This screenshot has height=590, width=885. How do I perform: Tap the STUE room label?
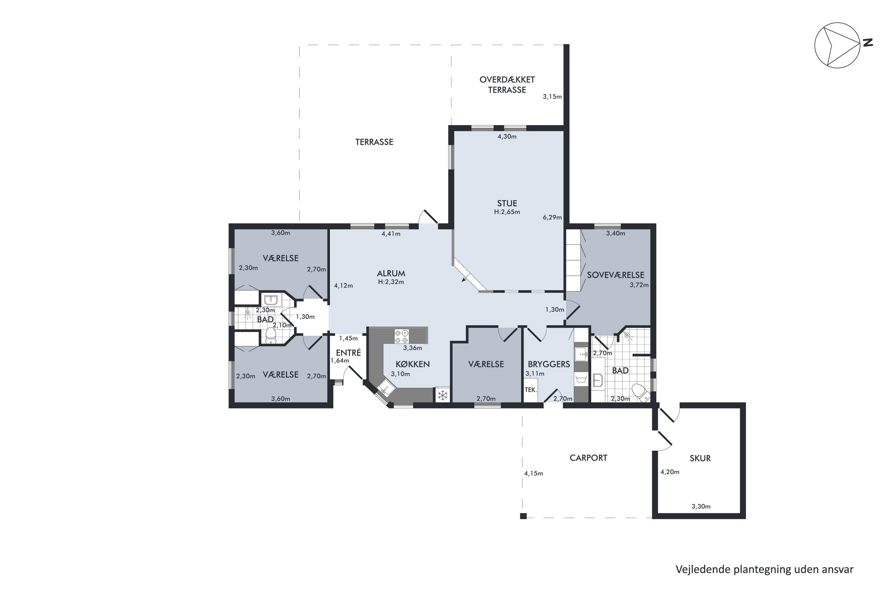click(507, 203)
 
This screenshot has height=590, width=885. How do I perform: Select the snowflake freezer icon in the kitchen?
click(442, 395)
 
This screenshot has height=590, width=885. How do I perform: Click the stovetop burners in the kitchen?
click(401, 336)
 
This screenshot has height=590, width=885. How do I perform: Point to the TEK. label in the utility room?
click(530, 390)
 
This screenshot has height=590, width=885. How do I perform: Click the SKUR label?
click(700, 458)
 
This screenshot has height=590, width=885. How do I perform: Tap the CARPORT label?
click(589, 458)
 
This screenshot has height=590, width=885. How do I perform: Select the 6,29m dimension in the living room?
click(552, 217)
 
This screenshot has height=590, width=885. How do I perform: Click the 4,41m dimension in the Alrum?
click(391, 234)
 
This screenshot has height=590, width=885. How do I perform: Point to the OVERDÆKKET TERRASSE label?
click(507, 85)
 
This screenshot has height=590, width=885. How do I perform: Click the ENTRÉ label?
click(348, 353)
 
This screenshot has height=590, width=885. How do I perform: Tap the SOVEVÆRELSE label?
click(616, 275)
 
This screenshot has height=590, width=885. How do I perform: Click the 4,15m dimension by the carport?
click(534, 473)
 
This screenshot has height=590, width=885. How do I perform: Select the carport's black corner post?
click(523, 516)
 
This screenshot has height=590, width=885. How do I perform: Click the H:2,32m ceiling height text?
click(391, 282)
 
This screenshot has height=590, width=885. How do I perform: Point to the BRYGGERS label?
click(549, 364)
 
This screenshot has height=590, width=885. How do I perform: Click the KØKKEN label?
click(412, 364)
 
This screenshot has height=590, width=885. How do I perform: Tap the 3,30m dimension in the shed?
click(701, 507)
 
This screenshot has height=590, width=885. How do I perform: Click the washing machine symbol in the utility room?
click(581, 378)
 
